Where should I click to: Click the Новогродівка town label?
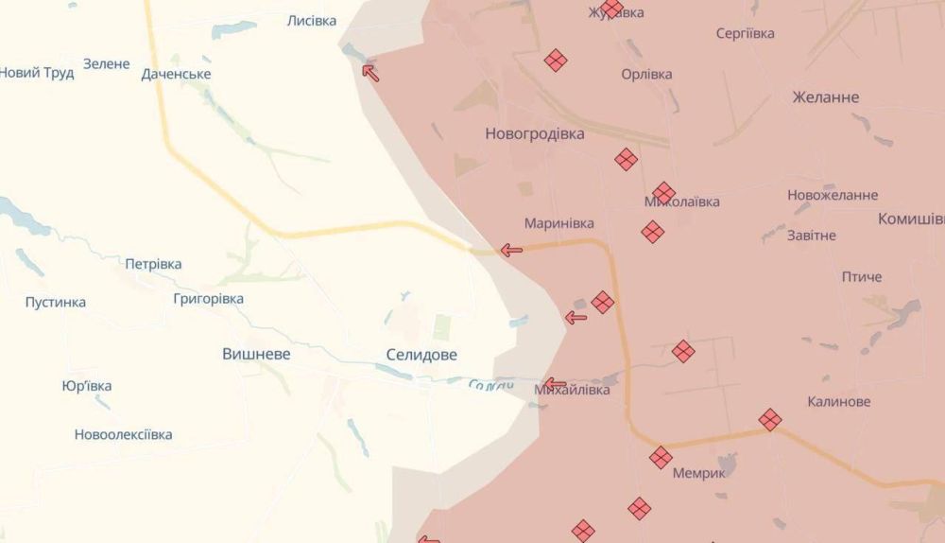[x=534, y=134]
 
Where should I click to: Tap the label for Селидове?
[x=421, y=355]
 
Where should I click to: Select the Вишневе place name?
[x=256, y=354]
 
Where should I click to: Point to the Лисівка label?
[x=312, y=20]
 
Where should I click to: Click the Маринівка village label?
[x=559, y=223]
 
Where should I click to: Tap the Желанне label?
[x=826, y=97]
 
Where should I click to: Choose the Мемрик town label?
[x=699, y=473]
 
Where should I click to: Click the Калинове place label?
[x=839, y=402]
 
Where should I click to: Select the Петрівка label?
[x=153, y=264]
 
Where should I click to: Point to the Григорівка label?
[x=208, y=299]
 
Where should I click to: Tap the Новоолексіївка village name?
[x=123, y=435]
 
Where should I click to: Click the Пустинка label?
[x=56, y=303]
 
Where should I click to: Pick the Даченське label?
[x=176, y=74]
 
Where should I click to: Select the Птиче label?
[x=862, y=277]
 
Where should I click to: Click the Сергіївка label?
[x=746, y=34]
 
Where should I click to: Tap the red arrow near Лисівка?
[x=370, y=72]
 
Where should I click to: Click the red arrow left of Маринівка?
[x=511, y=251]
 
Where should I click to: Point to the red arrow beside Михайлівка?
[x=556, y=384]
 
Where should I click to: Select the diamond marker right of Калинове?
[x=770, y=419]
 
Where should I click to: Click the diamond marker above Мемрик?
[x=661, y=458]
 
